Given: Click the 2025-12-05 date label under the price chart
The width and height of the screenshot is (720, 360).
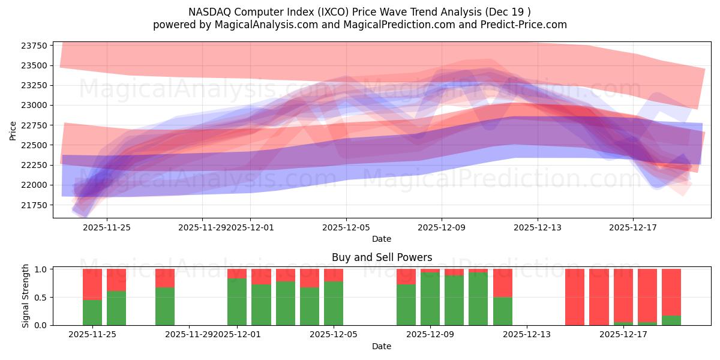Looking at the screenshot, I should [x=346, y=227].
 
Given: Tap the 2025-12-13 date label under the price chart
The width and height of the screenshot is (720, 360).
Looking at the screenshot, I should [x=538, y=227].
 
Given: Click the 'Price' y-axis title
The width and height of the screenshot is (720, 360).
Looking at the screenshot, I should [x=13, y=130].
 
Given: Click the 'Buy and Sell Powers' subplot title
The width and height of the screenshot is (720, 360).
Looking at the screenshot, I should [x=382, y=257].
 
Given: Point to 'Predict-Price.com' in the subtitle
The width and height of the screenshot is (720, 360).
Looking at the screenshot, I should [x=525, y=25].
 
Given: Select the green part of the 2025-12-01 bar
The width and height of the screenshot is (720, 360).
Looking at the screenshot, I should [x=237, y=302].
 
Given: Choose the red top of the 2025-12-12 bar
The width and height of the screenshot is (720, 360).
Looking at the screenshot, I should [x=503, y=283].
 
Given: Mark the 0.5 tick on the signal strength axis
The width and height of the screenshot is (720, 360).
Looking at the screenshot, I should [x=42, y=298].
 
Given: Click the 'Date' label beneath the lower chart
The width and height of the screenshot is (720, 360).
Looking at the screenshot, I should [x=382, y=346].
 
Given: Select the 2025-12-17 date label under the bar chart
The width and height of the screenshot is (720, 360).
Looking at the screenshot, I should [x=623, y=335].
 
